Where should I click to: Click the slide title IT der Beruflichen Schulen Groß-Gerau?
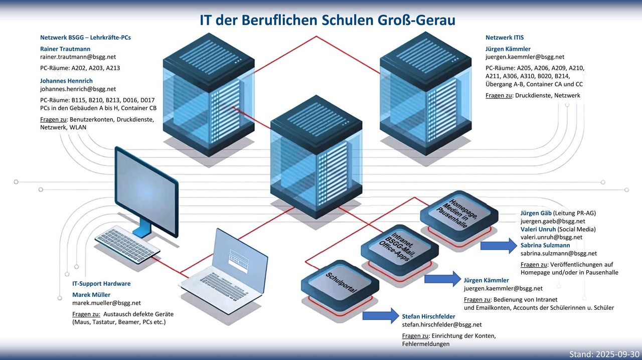[327, 21]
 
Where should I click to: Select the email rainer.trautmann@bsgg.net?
[78, 57]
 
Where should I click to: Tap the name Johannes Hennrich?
[66, 81]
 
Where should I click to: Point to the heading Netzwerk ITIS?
[505, 38]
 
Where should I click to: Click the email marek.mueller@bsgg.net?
[106, 303]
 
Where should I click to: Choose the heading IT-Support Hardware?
[101, 284]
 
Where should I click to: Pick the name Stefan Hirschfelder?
[428, 316]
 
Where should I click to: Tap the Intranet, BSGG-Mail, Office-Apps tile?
[396, 248]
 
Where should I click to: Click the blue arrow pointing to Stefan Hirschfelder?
[380, 316]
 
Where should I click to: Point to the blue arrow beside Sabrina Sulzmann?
[498, 246]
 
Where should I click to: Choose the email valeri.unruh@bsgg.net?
[551, 237]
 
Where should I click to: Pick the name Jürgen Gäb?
[536, 213]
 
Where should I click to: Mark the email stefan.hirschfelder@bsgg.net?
[441, 325]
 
